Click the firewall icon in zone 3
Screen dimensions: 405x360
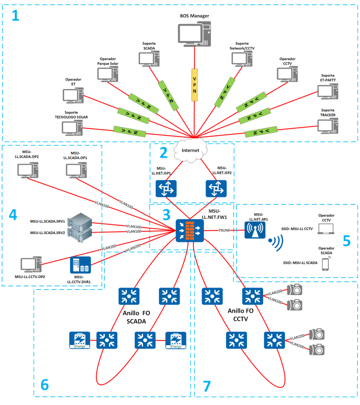(190, 230)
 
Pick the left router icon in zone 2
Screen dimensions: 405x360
(166, 189)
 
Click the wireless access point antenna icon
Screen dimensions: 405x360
(255, 230)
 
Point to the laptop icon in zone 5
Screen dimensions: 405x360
(325, 228)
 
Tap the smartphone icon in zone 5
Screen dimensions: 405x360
(325, 263)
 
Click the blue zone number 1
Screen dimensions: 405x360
(15, 16)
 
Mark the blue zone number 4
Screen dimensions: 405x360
(13, 214)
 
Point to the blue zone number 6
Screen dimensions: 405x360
(45, 384)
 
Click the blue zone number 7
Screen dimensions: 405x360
(206, 386)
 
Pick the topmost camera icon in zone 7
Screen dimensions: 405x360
(295, 290)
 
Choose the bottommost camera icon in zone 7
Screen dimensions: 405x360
(317, 349)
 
